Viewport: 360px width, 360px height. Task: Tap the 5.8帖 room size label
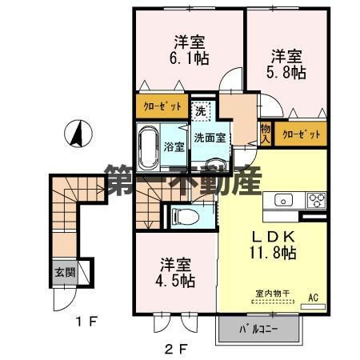point(287,71)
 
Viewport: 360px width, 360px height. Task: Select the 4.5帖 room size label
point(175,281)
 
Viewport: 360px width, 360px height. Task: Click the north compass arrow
point(78,133)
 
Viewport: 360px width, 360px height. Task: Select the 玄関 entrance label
point(65,272)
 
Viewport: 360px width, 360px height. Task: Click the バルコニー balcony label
point(258,329)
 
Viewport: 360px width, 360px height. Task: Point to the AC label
point(314,298)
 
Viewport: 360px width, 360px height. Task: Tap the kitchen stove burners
point(314,199)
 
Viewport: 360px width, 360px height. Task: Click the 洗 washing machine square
point(201,110)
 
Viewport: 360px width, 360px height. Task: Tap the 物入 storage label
point(264,133)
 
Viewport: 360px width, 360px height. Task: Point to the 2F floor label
point(175,348)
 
